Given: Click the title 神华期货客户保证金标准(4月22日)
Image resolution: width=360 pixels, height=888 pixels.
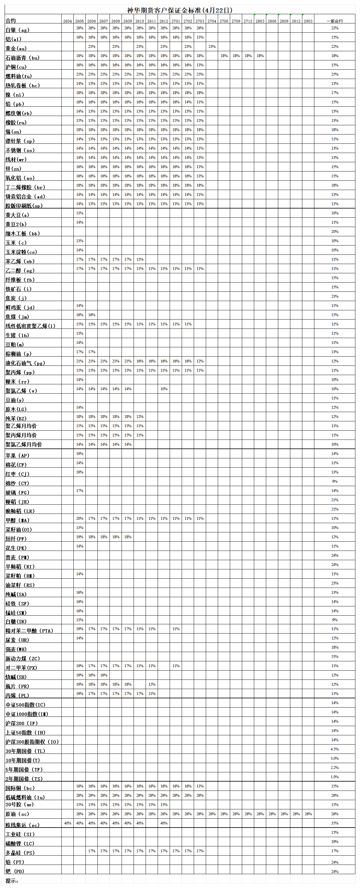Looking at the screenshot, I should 180,10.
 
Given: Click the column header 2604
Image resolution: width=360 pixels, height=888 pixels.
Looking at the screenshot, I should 68,21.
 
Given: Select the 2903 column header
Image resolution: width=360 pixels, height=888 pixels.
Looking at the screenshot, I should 308,21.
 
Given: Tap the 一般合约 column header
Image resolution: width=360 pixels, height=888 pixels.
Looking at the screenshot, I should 334,21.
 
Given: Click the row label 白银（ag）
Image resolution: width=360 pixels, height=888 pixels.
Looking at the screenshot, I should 17,30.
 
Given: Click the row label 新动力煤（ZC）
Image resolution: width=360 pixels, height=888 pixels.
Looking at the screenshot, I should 23,659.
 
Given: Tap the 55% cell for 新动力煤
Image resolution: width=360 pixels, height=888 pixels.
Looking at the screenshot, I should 334,657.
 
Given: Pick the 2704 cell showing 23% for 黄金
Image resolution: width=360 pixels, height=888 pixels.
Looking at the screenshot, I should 212,47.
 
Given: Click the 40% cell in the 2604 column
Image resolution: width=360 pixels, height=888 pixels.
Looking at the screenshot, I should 68,823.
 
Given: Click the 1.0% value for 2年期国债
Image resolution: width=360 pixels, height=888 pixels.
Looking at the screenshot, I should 334,777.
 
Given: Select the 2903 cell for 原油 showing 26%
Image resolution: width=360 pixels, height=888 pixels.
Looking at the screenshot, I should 308,814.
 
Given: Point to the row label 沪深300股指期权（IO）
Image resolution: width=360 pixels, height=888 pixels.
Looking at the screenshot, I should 32,742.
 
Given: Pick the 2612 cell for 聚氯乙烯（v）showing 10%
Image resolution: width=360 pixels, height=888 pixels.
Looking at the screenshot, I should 164,389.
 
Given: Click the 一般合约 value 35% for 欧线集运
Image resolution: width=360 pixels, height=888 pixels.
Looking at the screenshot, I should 334,823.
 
